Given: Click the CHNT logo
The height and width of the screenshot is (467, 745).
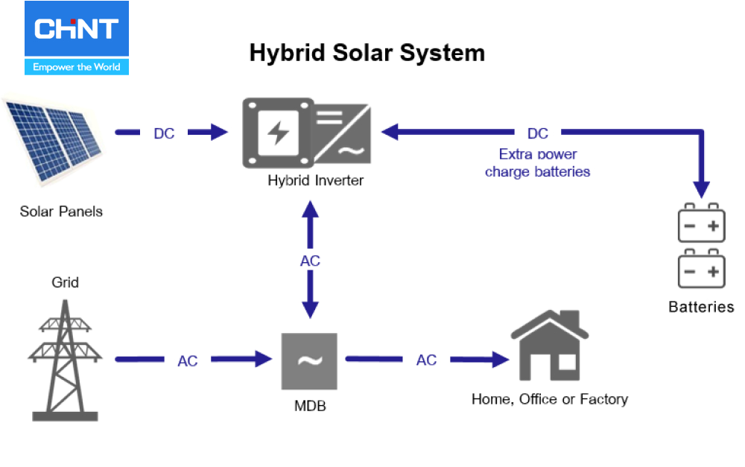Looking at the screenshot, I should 77,30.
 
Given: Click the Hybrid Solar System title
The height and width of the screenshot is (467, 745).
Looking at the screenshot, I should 367,53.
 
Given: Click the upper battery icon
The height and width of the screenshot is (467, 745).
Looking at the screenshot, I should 701,223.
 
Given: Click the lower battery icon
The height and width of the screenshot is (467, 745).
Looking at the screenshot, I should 701,270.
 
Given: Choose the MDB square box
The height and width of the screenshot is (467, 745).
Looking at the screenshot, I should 308,360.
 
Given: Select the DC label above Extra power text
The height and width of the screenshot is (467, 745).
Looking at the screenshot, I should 537,133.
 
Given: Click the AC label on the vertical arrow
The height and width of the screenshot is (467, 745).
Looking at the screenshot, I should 310,261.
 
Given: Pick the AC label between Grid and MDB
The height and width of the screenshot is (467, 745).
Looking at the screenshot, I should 188,360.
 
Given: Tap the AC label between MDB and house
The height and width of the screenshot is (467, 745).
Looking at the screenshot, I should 426,360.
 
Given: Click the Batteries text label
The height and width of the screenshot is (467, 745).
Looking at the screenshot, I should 701,307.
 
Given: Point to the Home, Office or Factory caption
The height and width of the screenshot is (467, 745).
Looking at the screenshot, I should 549,399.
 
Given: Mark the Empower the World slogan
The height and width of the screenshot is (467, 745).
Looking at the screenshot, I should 77,67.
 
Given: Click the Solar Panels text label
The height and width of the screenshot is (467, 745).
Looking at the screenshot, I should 61,212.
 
